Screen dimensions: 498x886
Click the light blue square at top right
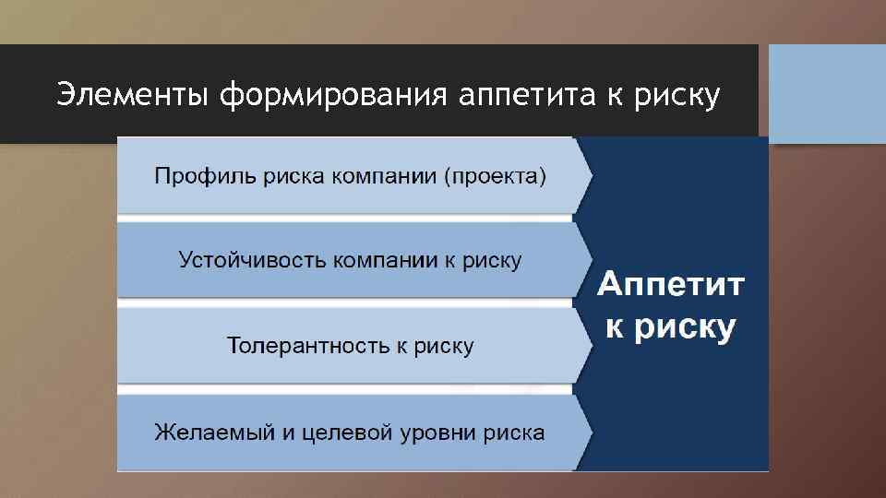click(x=827, y=93)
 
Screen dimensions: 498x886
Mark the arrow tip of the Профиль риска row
click(x=588, y=175)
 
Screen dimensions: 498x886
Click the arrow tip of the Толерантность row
click(x=588, y=346)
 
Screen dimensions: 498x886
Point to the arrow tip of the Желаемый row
click(x=588, y=432)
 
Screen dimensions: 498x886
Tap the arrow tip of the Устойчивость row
click(x=588, y=260)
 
